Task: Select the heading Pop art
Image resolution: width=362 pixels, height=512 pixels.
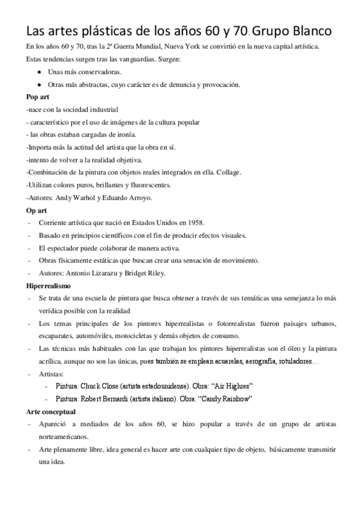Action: [39, 97]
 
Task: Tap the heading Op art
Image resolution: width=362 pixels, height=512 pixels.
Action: [37, 210]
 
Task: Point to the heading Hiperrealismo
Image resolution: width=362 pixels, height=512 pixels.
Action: [50, 285]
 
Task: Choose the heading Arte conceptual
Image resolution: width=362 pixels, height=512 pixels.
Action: [52, 411]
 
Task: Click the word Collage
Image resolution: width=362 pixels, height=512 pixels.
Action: [228, 172]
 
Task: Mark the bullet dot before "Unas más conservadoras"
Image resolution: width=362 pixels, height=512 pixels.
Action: [39, 72]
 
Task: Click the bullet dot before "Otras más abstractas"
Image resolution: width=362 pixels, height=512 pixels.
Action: [39, 85]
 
